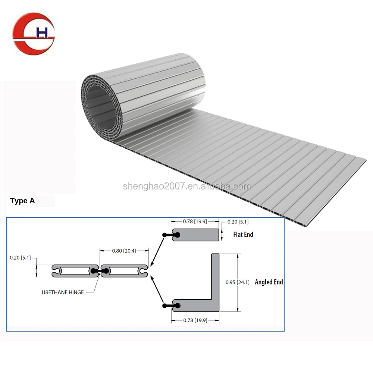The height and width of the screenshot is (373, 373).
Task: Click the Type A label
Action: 22,201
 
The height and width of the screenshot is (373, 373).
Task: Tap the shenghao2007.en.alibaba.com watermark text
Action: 187,186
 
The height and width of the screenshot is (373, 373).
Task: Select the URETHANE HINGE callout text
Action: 63,292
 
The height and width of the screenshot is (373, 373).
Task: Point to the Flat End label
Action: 243,235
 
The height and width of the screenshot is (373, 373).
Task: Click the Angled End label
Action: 269,282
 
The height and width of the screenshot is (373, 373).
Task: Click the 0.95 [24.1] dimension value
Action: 238,282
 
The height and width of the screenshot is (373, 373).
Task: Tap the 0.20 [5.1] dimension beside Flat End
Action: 238,222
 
